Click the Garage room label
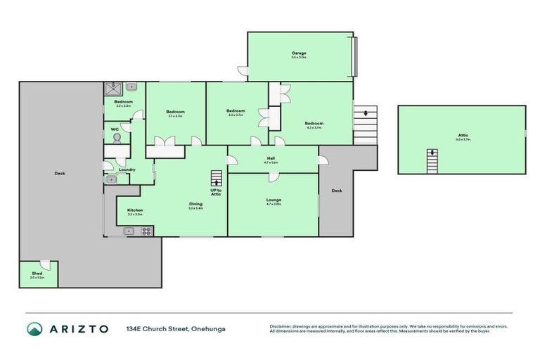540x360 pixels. click(x=299, y=53)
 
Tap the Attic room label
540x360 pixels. click(x=462, y=135)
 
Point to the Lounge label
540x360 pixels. click(x=274, y=200)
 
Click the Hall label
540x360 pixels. click(x=271, y=158)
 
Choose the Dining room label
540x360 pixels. click(x=195, y=204)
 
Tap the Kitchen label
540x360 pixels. click(x=134, y=210)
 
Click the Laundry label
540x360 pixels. click(x=127, y=169)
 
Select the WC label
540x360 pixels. click(x=114, y=129)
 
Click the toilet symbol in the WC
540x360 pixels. click(x=117, y=139)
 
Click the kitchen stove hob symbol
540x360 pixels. click(x=129, y=231)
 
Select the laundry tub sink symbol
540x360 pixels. click(x=111, y=179)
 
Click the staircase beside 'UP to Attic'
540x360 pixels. click(x=217, y=178)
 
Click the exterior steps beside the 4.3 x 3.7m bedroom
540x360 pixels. click(x=366, y=124)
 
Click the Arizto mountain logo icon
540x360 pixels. click(x=34, y=328)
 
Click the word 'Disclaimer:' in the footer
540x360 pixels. click(x=281, y=326)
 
